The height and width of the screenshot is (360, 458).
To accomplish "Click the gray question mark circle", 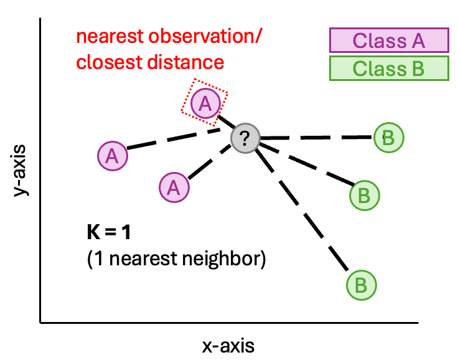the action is (x=245, y=138).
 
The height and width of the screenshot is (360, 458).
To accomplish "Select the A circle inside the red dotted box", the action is (x=205, y=103).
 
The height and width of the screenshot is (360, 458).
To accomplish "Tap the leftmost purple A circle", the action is (x=113, y=156).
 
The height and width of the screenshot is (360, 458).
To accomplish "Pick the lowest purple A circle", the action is (x=174, y=187).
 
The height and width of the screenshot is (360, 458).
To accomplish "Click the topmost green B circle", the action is (x=389, y=138).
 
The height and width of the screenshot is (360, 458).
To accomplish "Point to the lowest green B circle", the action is (x=362, y=285).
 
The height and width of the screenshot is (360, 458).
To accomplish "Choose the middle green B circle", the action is (x=365, y=196).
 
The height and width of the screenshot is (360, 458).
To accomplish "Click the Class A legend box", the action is (x=389, y=40).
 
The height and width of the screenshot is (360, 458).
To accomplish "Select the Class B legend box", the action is (x=389, y=69).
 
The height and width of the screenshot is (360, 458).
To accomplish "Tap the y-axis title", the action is (x=21, y=171).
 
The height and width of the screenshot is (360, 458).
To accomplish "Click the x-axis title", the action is (x=228, y=346).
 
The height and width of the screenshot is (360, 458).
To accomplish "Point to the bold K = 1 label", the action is (x=109, y=232).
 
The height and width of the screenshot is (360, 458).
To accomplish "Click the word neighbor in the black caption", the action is (x=224, y=259).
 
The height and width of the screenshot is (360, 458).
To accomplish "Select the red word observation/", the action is (x=205, y=36).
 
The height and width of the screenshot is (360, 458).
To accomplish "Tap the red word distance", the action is (x=185, y=62).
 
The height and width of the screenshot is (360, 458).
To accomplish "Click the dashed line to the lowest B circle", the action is (x=301, y=209).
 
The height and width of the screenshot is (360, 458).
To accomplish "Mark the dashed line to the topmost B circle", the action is (x=317, y=137).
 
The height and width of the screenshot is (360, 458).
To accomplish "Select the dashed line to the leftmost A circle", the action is (x=174, y=139).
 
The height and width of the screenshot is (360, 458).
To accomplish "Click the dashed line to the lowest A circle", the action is (x=210, y=162).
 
